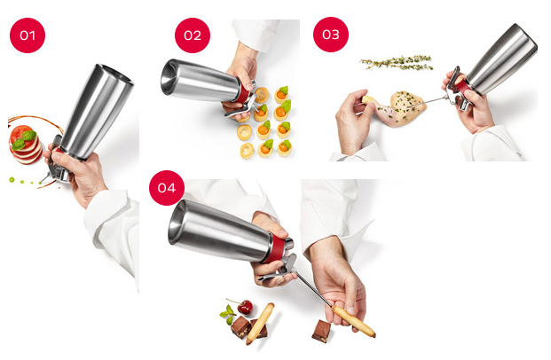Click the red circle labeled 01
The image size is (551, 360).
(28, 35)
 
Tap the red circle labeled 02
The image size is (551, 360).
(193, 35)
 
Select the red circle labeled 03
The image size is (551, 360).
(331, 35)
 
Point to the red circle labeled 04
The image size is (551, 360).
(167, 188)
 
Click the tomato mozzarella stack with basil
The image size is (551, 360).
(26, 145)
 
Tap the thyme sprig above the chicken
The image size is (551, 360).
(397, 63)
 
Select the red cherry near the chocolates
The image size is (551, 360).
(245, 308)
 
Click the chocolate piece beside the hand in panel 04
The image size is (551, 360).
(321, 331)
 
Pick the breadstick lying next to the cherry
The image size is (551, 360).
(260, 324)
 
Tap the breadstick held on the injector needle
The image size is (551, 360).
(353, 321)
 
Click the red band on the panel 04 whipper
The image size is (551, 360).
(276, 249)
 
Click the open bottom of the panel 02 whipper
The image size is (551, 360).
(169, 77)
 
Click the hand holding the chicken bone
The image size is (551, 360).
(353, 121)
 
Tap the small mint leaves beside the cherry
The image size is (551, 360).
(228, 314)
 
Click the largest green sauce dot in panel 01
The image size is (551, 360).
(12, 180)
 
